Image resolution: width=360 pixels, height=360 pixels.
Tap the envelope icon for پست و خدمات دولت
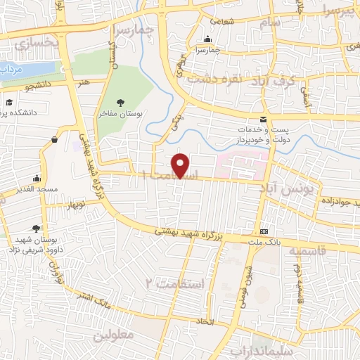coord(263,120)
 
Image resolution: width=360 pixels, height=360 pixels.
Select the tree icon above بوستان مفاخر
coord(124,101)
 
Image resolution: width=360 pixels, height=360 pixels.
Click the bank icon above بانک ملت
coord(264,231)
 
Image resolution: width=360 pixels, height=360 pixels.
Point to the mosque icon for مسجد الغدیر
coord(36,179)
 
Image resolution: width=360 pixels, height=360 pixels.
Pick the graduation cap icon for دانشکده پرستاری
coord(9,103)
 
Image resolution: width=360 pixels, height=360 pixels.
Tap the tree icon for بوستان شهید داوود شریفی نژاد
coord(36,229)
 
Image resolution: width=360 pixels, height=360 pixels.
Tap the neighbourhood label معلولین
coord(114,335)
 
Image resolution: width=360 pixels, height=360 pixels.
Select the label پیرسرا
coord(333,11)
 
